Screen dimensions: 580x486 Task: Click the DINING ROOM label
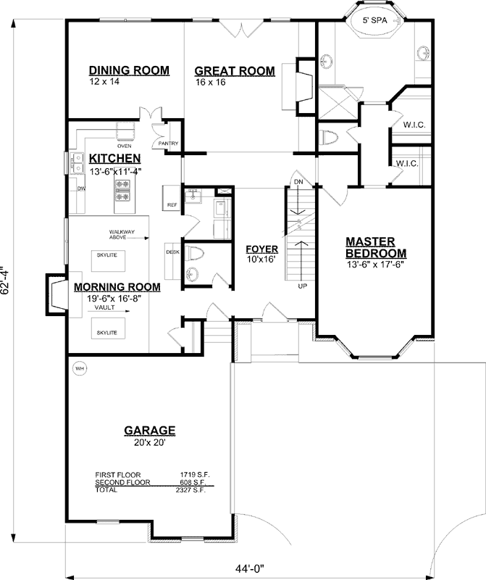pos(129,70)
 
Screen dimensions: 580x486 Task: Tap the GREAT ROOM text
pos(235,71)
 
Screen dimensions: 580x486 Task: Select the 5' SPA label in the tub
pos(374,21)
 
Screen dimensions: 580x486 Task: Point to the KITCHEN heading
pos(114,159)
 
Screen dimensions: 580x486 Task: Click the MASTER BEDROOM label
pos(375,247)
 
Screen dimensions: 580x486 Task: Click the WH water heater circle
pos(80,369)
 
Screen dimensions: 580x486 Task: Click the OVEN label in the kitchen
pos(125,146)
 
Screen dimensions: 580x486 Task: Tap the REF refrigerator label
pos(172,205)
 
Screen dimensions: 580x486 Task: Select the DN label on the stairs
pos(297,181)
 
